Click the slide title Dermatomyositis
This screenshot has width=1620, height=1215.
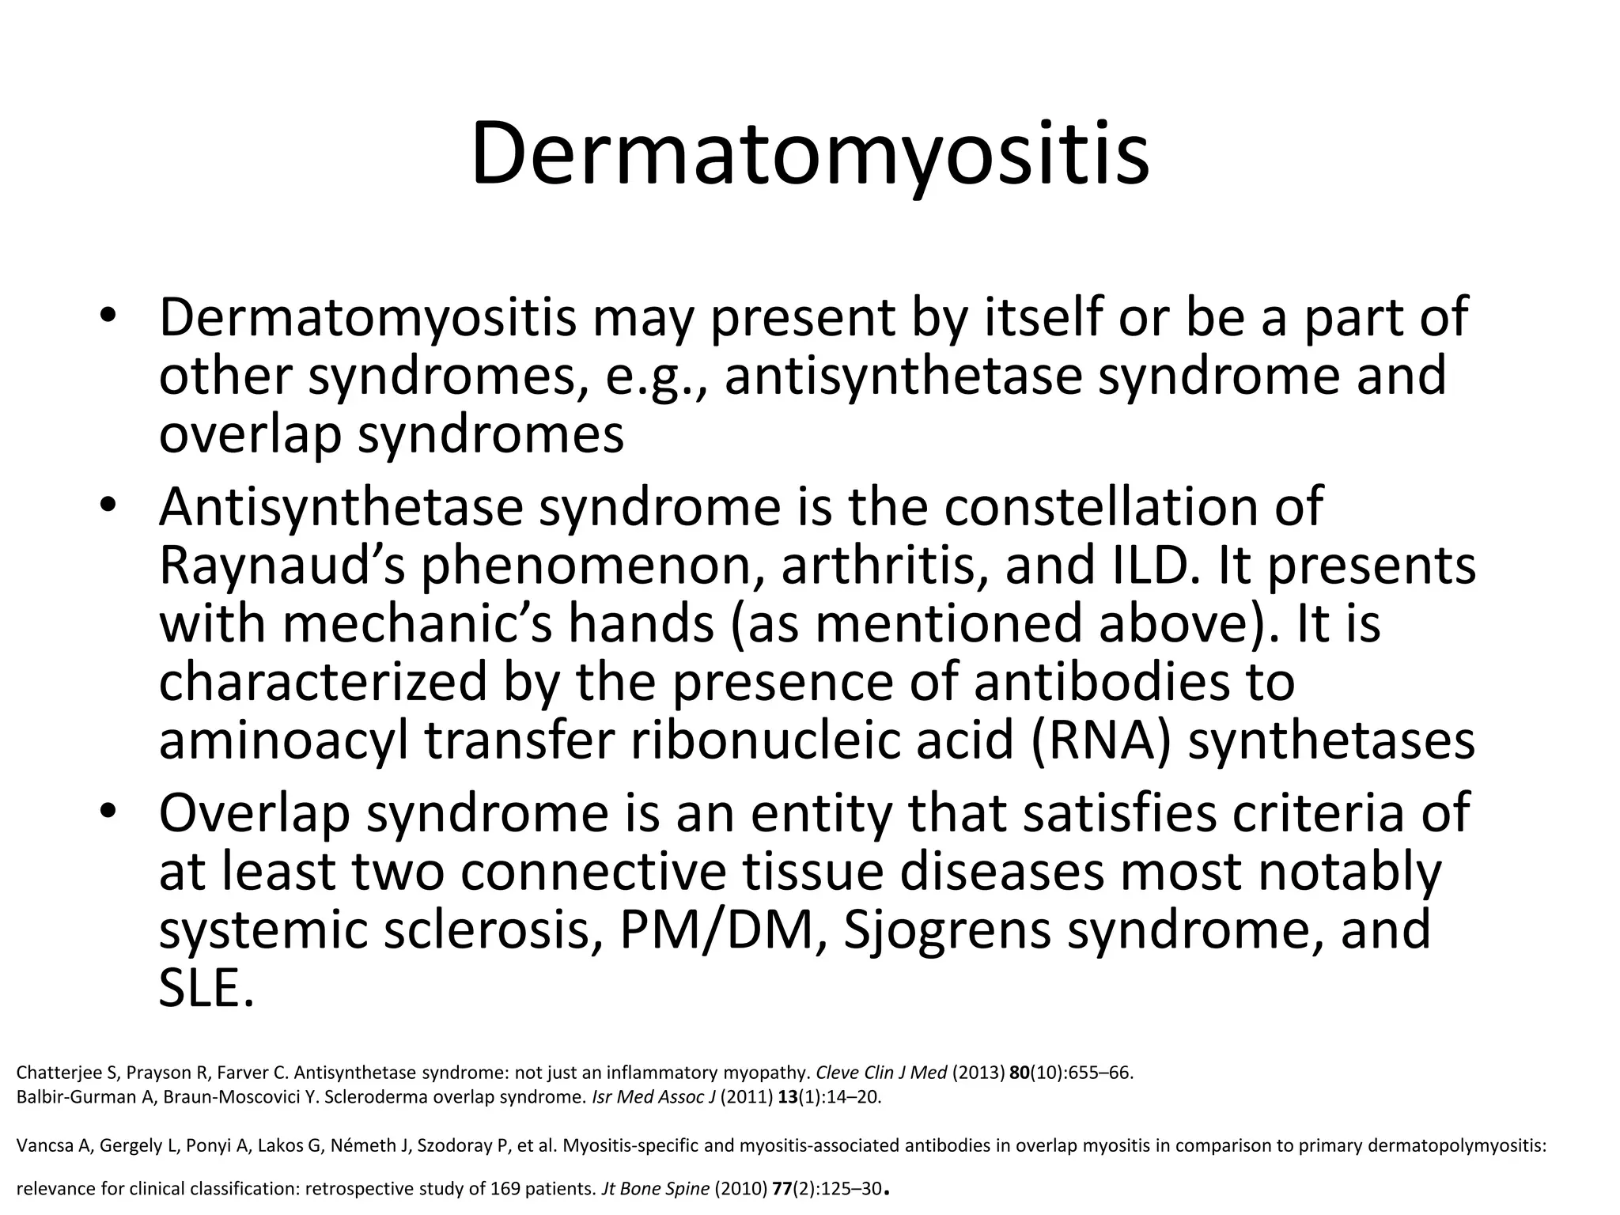point(810,154)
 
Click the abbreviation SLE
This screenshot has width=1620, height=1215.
point(206,989)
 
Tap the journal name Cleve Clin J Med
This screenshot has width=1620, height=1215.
point(881,1073)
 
